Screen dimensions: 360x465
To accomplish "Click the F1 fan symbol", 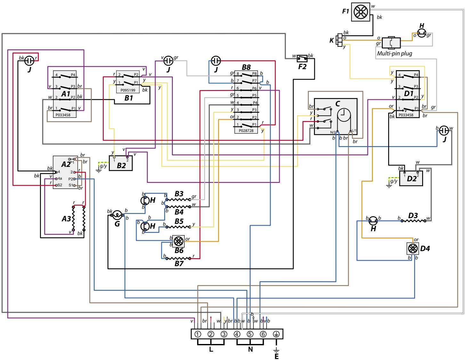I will (361, 12).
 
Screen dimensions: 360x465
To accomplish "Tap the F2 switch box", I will (302, 58).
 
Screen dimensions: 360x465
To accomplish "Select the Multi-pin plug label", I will (394, 53).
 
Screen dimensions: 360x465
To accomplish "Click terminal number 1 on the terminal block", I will (198, 334).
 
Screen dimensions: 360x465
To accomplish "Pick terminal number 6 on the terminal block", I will (263, 334).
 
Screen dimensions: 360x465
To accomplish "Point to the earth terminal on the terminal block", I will (276, 334).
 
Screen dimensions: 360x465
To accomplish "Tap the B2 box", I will (121, 163).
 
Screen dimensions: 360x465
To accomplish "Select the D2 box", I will (411, 178).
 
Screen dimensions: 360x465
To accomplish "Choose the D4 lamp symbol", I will (412, 249).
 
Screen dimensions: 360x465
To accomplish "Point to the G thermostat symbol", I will (117, 215).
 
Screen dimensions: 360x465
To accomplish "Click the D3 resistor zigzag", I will (413, 221).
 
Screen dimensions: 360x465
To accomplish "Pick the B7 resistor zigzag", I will (178, 258).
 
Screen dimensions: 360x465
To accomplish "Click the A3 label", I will (66, 219).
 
